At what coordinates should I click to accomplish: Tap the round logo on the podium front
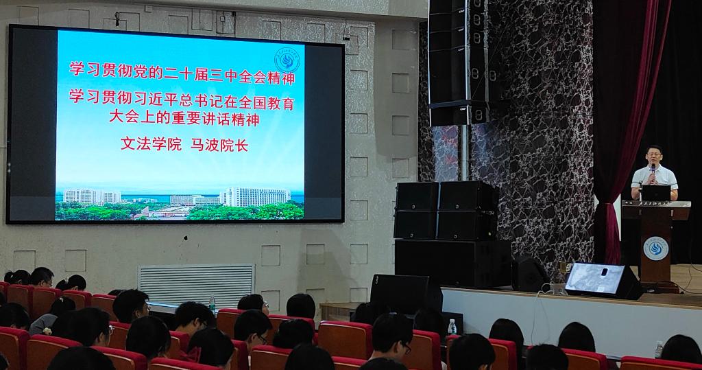[656, 248]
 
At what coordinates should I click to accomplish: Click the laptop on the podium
[656, 193]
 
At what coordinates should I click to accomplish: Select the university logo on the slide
[287, 60]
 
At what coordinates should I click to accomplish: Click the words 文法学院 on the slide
[151, 144]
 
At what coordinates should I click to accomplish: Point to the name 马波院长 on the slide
[219, 145]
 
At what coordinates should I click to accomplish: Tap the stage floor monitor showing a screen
[603, 280]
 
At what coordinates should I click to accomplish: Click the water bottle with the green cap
[213, 303]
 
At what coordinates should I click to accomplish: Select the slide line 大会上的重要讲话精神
[184, 118]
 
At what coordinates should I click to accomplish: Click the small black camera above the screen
[117, 19]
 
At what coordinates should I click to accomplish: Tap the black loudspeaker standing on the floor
[406, 294]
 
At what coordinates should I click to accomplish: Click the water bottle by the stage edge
[452, 327]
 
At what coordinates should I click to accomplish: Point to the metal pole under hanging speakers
[465, 152]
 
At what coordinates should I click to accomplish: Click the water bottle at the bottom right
[659, 349]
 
